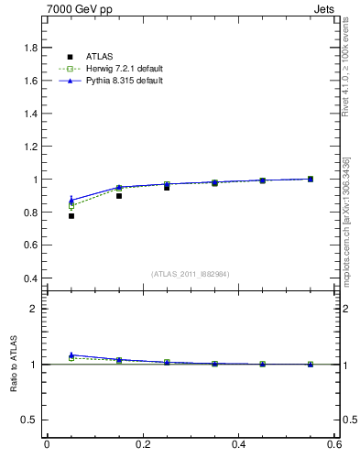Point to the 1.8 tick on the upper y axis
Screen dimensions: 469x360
click(x=29, y=48)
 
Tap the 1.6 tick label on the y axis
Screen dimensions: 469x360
click(x=29, y=81)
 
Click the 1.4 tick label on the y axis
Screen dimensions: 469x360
click(x=29, y=114)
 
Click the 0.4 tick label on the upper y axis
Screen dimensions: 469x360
click(x=29, y=278)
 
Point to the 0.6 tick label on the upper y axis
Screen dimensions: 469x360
click(x=29, y=245)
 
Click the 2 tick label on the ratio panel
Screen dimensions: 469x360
click(x=34, y=309)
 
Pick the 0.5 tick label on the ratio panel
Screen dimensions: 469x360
click(x=29, y=420)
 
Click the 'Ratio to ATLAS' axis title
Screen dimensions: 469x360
click(x=13, y=364)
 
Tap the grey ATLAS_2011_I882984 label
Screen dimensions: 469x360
click(x=191, y=273)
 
